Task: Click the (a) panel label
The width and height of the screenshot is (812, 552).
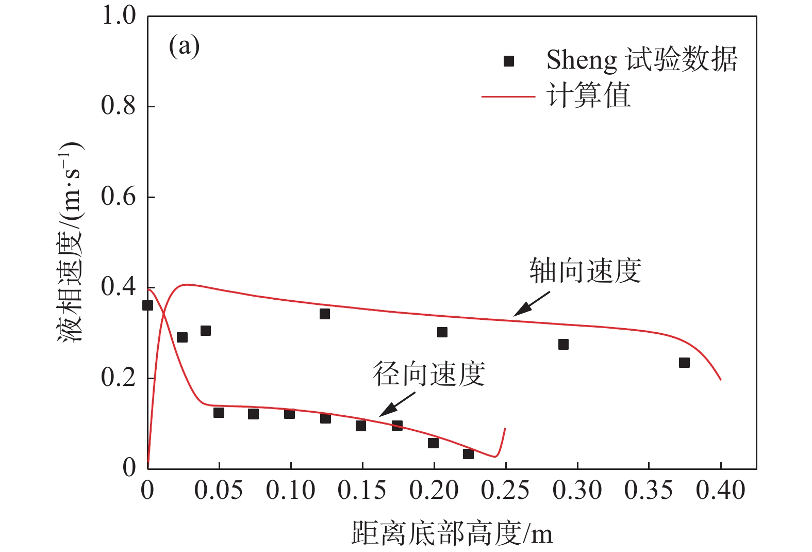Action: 184,47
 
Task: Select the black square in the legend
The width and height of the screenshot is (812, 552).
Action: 509,61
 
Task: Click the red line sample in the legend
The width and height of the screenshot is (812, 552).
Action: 508,96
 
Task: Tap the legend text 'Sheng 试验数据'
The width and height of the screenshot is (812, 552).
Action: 642,60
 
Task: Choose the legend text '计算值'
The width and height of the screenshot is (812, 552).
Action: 588,96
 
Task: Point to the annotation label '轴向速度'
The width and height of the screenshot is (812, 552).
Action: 585,271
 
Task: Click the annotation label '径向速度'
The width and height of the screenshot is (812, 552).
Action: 429,374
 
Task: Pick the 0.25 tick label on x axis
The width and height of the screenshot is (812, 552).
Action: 505,491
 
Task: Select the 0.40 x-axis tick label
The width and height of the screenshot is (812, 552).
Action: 720,491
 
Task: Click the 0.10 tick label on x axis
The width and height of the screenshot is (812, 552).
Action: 290,491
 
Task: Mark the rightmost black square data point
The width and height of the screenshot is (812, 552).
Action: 684,363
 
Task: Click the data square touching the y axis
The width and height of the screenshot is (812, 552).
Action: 147,305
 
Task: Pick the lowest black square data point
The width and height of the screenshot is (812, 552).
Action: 468,454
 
